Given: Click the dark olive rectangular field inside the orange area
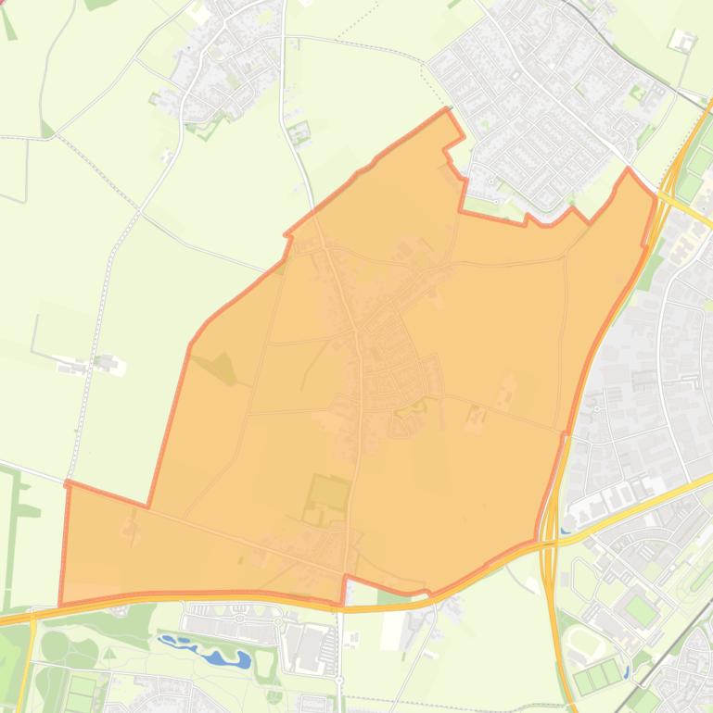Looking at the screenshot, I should tap(326, 494).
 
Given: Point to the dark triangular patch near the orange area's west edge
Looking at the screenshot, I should tap(223, 369).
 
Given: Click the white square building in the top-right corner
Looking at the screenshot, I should tap(683, 41).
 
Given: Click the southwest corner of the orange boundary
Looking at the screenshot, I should tap(61, 604).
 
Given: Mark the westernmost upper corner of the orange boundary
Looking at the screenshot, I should tap(67, 483).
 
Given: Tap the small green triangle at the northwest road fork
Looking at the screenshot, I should tap(45, 128).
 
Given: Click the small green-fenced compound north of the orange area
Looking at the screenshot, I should tap(299, 133).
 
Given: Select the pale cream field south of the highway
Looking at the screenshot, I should tap(391, 629).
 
